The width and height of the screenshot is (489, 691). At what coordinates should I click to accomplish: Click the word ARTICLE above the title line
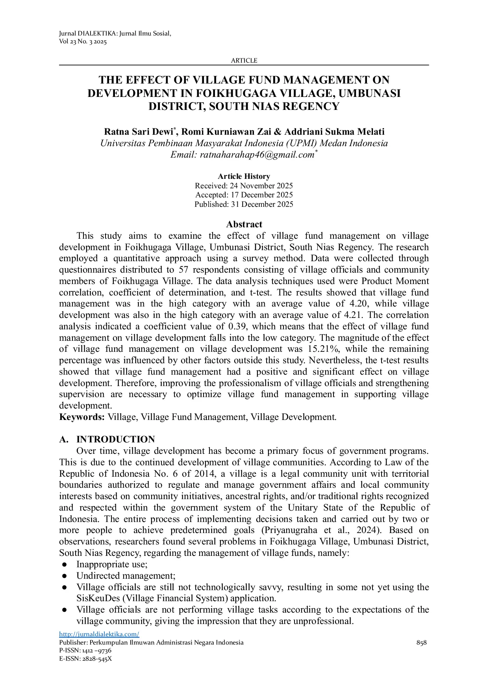click(x=244, y=60)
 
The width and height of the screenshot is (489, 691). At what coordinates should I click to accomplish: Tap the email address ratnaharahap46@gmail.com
click(x=257, y=155)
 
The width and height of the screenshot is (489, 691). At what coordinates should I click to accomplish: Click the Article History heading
click(x=244, y=176)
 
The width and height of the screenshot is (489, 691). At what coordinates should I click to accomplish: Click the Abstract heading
click(x=244, y=224)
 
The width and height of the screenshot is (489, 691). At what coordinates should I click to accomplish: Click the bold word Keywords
click(x=81, y=417)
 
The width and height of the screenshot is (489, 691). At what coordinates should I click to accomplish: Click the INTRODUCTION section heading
click(x=115, y=440)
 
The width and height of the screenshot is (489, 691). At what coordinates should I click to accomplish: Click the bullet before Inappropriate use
click(x=64, y=565)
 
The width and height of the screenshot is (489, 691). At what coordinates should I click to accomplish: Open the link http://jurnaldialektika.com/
click(x=99, y=634)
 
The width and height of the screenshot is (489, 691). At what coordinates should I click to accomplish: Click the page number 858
click(x=421, y=643)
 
